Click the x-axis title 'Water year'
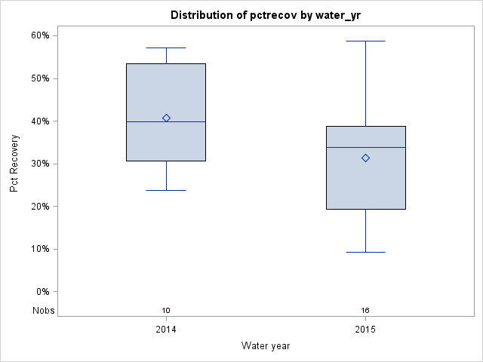tap(266, 346)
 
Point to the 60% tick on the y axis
tap(39, 35)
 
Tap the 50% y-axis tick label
tap(39, 78)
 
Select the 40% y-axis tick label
tap(39, 121)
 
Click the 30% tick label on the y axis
tap(39, 164)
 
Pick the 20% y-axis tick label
tap(39, 207)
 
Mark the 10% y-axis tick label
tap(39, 249)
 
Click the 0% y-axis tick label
tap(42, 292)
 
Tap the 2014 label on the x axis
tap(166, 330)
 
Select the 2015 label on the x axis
tap(365, 330)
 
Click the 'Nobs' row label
tap(42, 311)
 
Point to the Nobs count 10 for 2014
tap(166, 311)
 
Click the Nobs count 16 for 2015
tap(365, 311)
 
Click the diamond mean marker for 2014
tap(166, 118)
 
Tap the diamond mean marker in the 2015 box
tap(365, 158)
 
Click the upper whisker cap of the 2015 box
tap(365, 41)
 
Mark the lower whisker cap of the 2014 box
tap(166, 190)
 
